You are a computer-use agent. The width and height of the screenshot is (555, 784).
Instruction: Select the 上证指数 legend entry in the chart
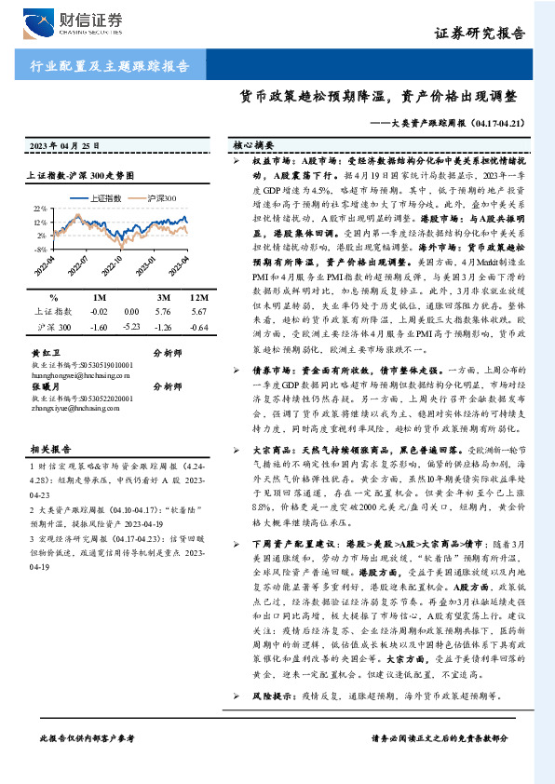[x=103, y=199]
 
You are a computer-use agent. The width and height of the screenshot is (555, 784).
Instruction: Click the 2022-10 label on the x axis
[x=119, y=262]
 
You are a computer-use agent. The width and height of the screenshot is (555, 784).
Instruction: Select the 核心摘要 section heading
[x=253, y=146]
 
